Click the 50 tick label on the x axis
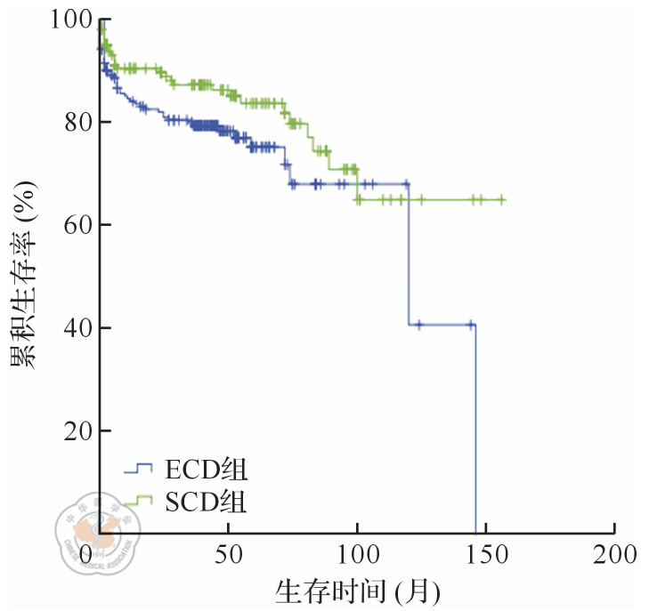click(228, 555)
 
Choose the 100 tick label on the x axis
click(357, 555)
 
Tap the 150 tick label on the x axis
click(486, 555)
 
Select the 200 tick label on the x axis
click(615, 555)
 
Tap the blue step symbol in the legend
click(139, 469)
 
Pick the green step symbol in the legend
click(139, 503)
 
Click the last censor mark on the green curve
click(502, 200)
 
